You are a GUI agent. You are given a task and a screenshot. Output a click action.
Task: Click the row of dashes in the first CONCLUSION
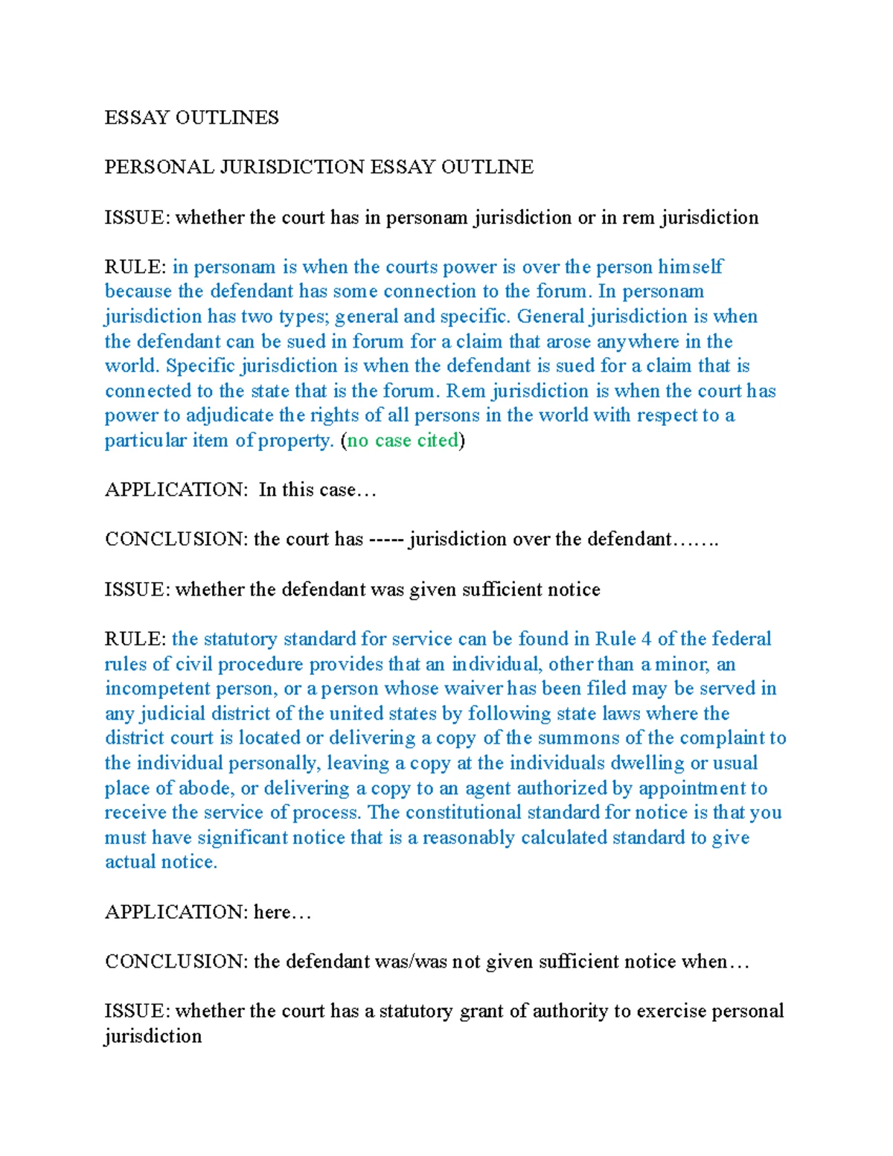(386, 540)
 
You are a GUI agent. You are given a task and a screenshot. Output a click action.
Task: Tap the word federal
(741, 639)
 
